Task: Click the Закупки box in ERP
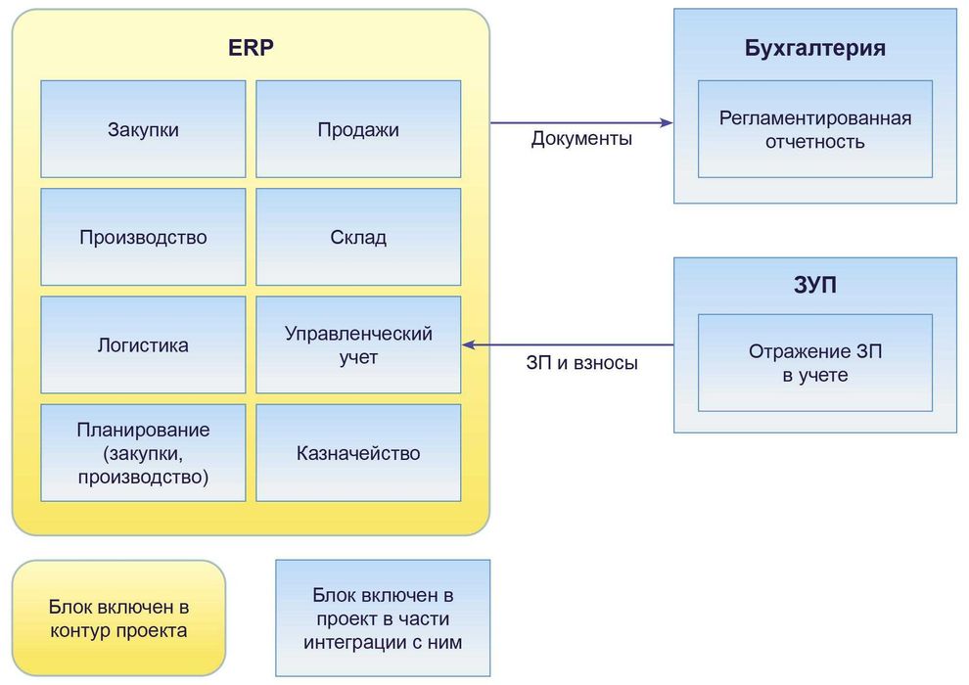tap(143, 129)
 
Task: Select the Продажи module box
tap(358, 129)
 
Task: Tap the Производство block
tap(143, 237)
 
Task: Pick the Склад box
tap(358, 237)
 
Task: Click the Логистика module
tap(143, 344)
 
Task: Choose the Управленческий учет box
tap(358, 344)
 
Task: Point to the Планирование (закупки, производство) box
tap(143, 453)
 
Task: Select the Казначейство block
tap(358, 453)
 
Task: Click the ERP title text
tap(251, 48)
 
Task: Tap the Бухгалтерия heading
tap(815, 48)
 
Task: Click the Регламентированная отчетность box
tap(815, 129)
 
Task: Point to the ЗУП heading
tap(815, 285)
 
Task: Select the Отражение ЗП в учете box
tap(815, 363)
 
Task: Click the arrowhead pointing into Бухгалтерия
tap(668, 123)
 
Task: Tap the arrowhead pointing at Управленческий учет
tap(468, 344)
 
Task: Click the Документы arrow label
tap(581, 138)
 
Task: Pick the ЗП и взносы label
tap(581, 363)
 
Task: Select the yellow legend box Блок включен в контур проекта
tap(118, 617)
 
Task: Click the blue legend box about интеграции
tap(383, 617)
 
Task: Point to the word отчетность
tap(815, 142)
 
